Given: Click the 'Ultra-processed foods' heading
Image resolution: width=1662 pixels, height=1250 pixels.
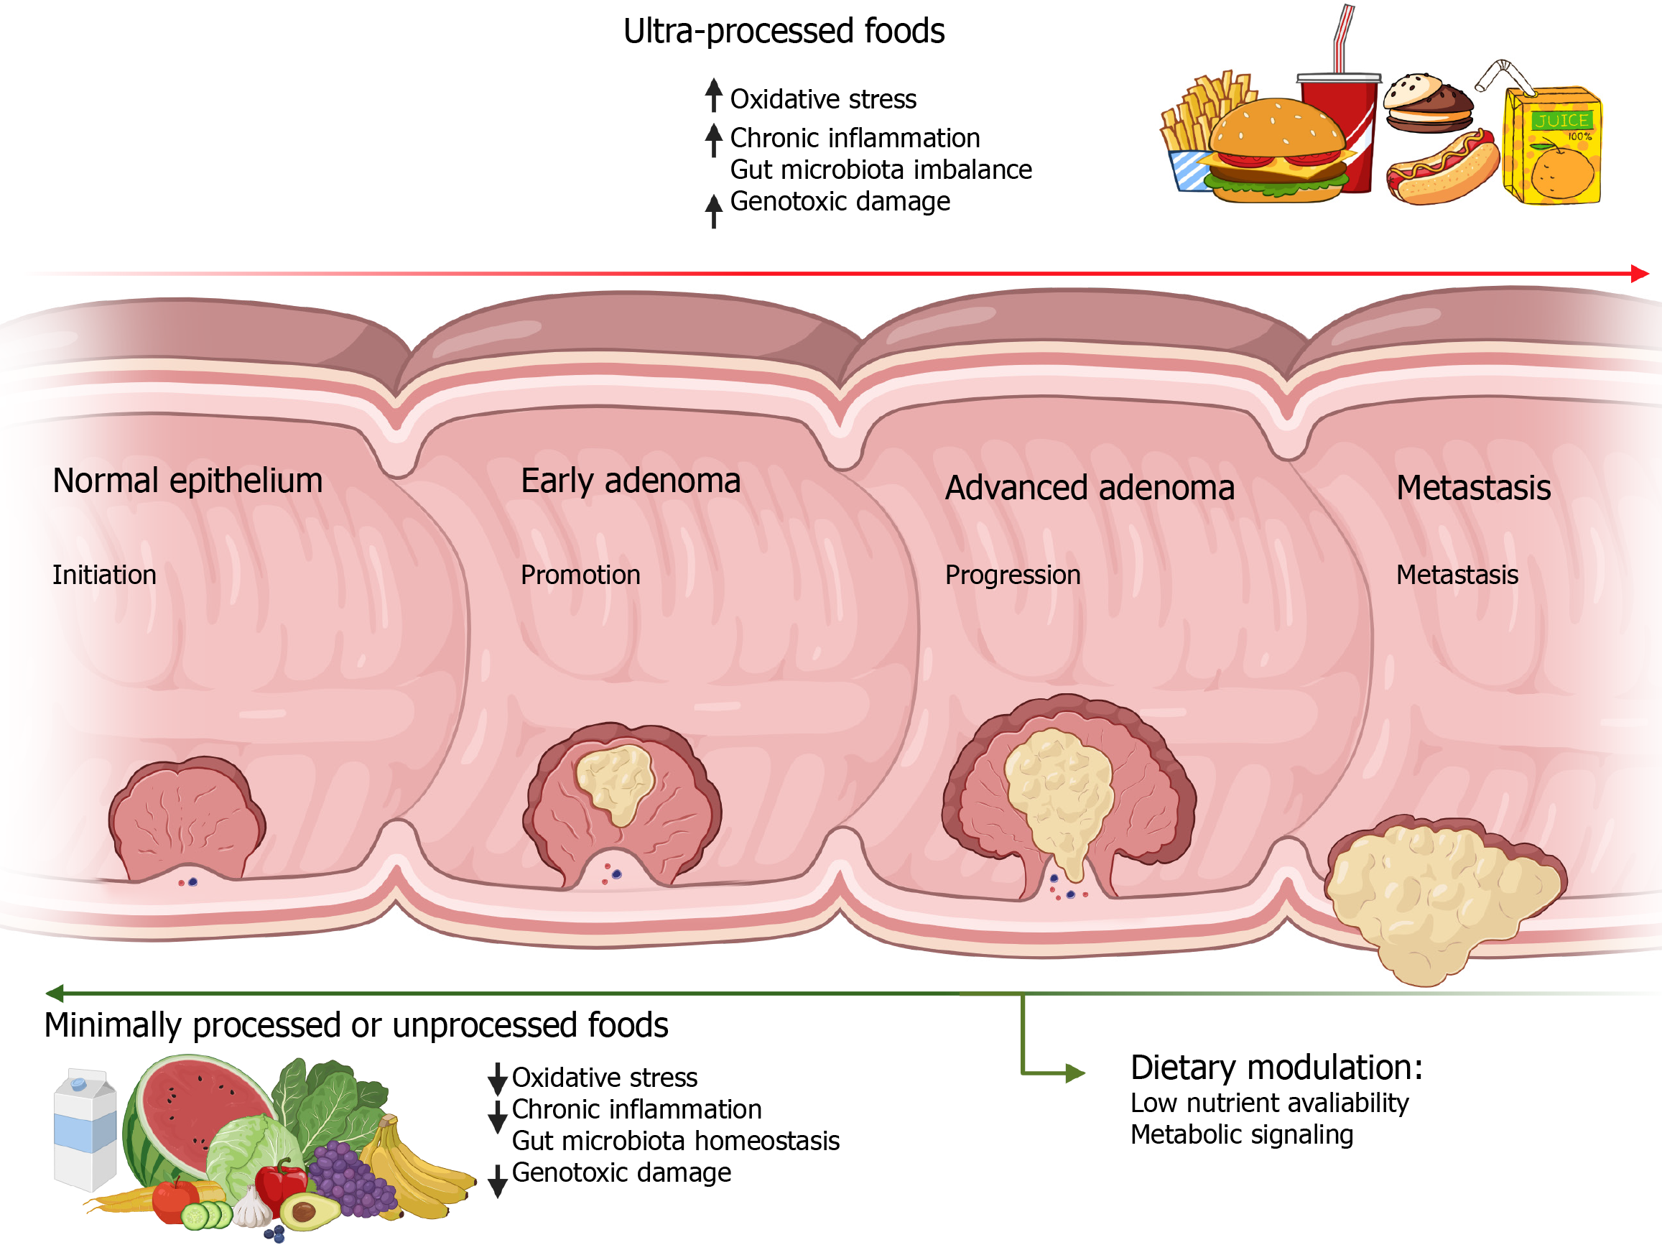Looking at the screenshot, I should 783,32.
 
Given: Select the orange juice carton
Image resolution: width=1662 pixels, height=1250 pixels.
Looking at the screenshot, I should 1551,147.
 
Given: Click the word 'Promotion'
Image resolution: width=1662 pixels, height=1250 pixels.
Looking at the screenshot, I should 580,575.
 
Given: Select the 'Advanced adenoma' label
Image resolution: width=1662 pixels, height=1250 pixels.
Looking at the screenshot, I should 1089,488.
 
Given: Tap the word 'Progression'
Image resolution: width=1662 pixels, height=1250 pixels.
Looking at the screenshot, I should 1012,575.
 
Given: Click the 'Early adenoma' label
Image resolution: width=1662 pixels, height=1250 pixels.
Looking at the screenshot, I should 631,481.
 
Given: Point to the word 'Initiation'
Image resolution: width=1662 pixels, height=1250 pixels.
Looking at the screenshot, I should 104,575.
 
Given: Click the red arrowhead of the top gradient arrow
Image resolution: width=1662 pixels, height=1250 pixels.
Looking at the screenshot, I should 1640,274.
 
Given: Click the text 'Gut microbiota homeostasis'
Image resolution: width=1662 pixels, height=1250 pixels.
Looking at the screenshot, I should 675,1141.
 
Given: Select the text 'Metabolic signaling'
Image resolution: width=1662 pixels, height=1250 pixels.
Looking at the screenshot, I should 1241,1134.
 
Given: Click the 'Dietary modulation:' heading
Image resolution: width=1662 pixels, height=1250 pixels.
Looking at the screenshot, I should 1276,1068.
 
